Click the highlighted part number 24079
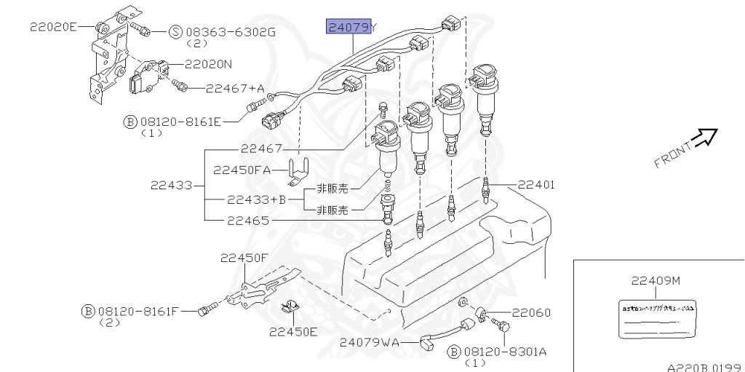pyautogui.click(x=348, y=28)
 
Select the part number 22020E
pyautogui.click(x=52, y=27)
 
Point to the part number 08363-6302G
pyautogui.click(x=231, y=32)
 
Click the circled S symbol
pyautogui.click(x=176, y=32)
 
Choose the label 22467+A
pyautogui.click(x=235, y=88)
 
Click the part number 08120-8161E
pyautogui.click(x=180, y=122)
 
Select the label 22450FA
pyautogui.click(x=242, y=170)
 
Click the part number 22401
pyautogui.click(x=536, y=185)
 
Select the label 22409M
pyautogui.click(x=656, y=280)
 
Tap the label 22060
pyautogui.click(x=531, y=312)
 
